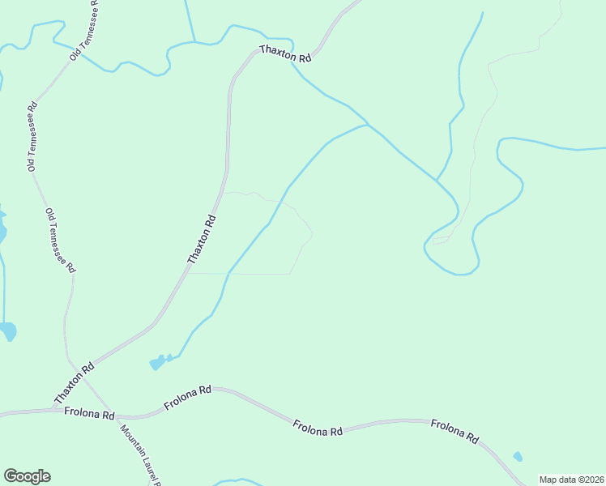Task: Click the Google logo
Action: pos(27,476)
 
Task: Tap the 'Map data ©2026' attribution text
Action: pos(571,480)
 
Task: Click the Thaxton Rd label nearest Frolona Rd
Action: pos(75,384)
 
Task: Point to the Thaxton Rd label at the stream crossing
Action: pos(286,54)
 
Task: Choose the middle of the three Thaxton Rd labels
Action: pos(203,239)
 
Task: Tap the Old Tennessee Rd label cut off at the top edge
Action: pos(86,30)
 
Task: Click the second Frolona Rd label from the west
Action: pos(187,397)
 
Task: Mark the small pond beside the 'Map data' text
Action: pos(518,456)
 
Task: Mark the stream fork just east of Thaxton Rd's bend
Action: pos(367,125)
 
